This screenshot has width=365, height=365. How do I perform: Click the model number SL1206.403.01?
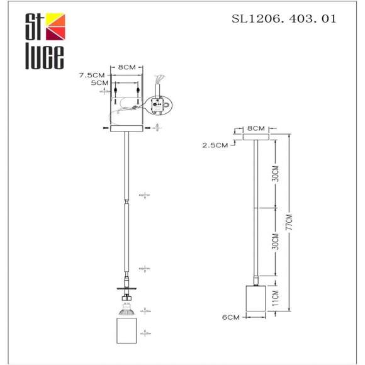284,19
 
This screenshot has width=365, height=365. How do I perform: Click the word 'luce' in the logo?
44,57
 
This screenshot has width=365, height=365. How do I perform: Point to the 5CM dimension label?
99,83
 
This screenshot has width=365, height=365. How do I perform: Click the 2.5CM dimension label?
215,145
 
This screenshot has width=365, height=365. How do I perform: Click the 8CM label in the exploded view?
127,66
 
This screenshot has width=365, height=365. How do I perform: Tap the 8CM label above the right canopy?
255,128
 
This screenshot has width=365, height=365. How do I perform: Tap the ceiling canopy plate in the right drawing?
255,135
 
